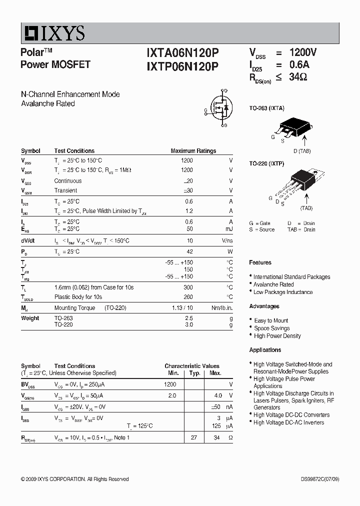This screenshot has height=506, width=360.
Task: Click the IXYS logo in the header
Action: point(53,33)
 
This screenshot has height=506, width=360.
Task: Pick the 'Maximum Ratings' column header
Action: point(193,150)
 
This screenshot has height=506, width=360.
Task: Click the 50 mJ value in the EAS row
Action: point(189,229)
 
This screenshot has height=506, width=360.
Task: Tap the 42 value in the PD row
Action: point(189,251)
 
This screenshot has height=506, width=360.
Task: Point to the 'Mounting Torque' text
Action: point(74,308)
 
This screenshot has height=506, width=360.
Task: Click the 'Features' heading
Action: point(260,262)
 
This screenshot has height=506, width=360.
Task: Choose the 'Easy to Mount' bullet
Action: point(271,320)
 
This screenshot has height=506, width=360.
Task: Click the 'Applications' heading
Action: point(265,350)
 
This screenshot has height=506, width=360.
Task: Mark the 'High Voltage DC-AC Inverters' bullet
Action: point(288,422)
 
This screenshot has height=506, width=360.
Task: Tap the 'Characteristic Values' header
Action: point(192,366)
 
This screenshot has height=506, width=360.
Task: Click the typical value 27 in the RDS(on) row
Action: point(194,437)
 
